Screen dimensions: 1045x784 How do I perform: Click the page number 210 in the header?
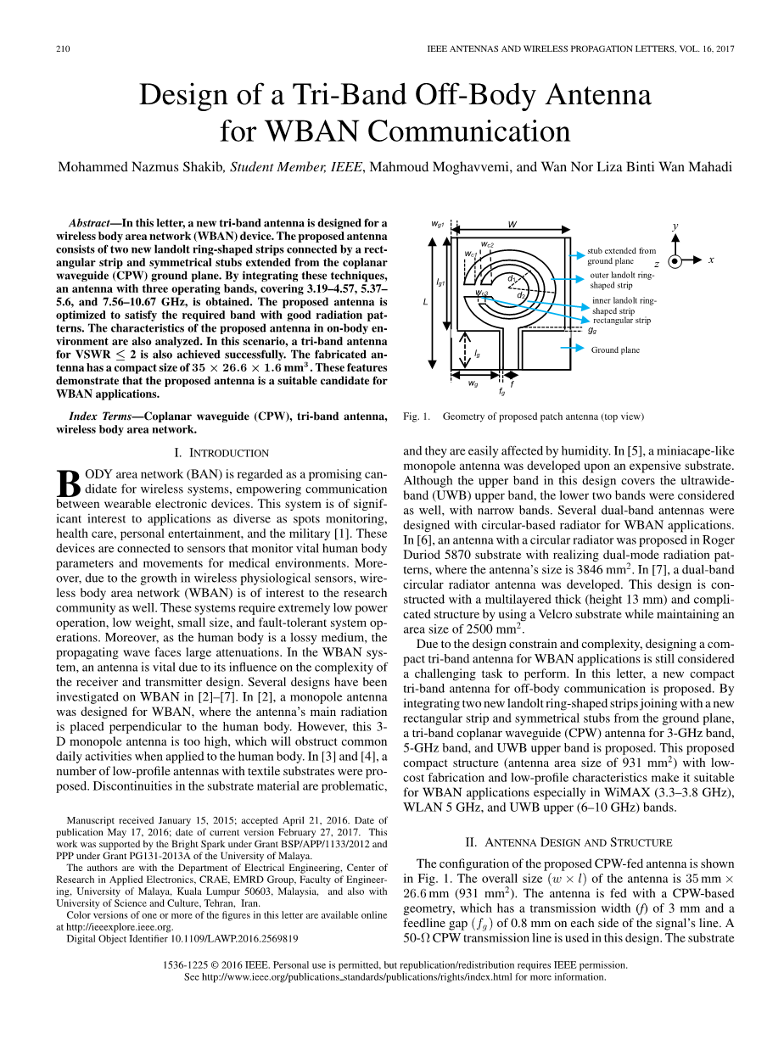click(x=63, y=49)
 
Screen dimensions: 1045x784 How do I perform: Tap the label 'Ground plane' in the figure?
click(x=615, y=349)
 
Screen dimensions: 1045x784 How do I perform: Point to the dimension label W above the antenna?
click(x=512, y=224)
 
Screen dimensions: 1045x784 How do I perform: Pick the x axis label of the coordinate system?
click(x=711, y=260)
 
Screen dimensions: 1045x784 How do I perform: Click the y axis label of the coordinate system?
click(x=675, y=226)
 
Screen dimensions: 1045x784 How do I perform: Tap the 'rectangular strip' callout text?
click(x=621, y=321)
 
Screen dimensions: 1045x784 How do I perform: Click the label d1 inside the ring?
click(x=512, y=278)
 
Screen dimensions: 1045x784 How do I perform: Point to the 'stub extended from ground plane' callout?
click(x=621, y=256)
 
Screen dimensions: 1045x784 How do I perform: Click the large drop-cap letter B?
click(x=68, y=484)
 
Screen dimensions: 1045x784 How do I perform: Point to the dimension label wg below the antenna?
click(x=473, y=383)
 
